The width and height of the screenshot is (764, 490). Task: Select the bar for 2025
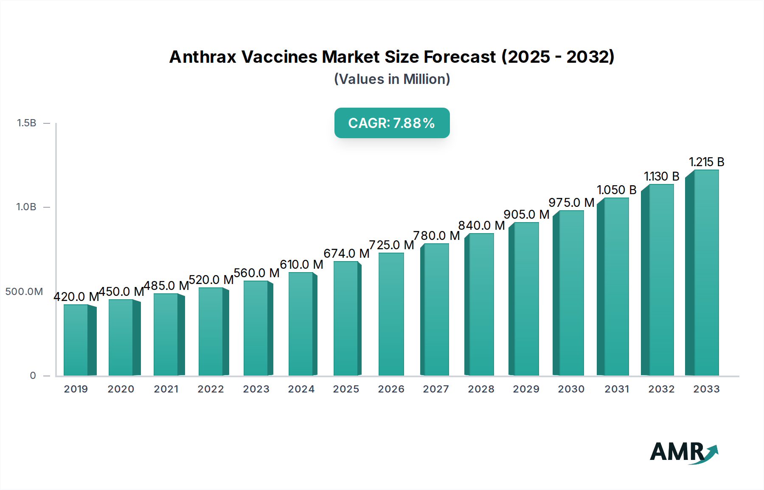pos(346,318)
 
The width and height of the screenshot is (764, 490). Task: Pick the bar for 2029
pos(525,299)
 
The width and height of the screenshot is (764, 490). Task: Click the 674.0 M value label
pos(346,253)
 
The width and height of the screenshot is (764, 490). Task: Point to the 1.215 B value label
pos(706,162)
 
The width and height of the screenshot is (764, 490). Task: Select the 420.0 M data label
pos(76,297)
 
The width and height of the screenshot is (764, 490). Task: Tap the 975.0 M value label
pos(571,203)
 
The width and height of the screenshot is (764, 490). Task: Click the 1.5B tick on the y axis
pos(27,123)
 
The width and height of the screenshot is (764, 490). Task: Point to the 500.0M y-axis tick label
pos(24,292)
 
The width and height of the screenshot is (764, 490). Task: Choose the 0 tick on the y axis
pos(33,376)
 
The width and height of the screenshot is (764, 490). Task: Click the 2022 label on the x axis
pos(211,389)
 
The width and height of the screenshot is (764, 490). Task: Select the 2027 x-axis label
pos(436,389)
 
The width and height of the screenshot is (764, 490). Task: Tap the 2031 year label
pos(617,389)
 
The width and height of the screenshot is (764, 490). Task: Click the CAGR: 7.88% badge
pos(392,123)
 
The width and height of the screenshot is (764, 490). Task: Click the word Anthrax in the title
pos(202,57)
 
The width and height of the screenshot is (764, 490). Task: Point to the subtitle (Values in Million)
pos(392,79)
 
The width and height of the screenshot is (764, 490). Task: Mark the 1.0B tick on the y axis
pos(26,207)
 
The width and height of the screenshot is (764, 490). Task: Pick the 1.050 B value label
pos(616,190)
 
